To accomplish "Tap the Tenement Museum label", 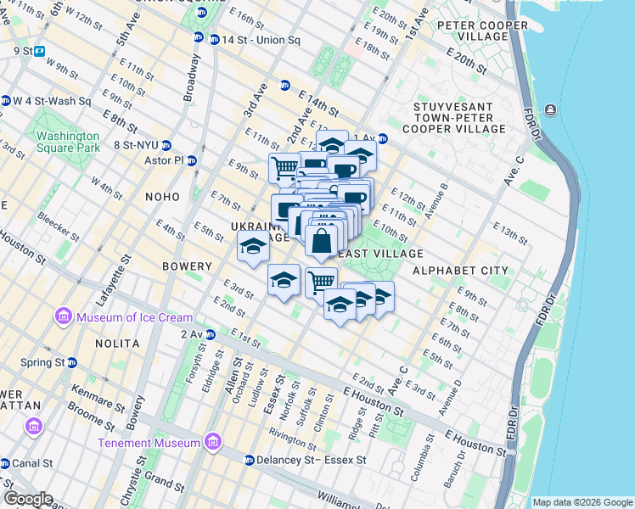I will [x=149, y=443].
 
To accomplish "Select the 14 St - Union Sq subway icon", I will [x=199, y=39].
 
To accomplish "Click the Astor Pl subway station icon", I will [x=192, y=160].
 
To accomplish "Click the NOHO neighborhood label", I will [x=161, y=197].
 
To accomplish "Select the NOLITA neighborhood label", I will [x=117, y=344].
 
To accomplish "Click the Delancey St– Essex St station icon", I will [x=249, y=461].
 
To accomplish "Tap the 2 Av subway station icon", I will [x=210, y=335].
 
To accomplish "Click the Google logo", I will [x=27, y=499].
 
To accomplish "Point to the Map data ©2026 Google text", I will [x=582, y=502].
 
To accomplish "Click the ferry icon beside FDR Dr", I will [x=551, y=110].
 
